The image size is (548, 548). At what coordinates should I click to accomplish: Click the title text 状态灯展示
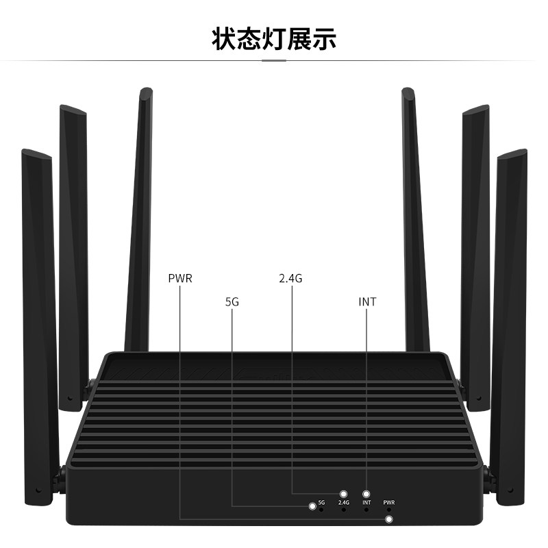coord(274,38)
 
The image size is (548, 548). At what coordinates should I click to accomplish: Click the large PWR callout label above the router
coord(180,279)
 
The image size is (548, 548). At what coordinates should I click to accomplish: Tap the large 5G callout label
coord(232,301)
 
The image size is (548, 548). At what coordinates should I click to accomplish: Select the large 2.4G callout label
coord(290,279)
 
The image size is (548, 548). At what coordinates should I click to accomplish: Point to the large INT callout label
coord(367,301)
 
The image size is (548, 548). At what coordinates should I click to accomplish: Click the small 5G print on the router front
coord(321,503)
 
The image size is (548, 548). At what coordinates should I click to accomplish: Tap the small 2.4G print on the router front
coord(344,503)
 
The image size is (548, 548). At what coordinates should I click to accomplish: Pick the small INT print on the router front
coord(366,503)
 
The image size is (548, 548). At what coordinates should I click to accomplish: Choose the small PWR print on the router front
coord(389,503)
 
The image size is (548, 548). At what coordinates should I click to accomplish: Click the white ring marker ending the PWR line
coord(390,519)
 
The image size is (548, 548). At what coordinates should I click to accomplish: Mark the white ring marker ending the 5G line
coord(312,506)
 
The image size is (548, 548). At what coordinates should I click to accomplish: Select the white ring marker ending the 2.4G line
coord(344,494)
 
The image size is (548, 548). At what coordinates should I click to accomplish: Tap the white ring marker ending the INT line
coord(366,494)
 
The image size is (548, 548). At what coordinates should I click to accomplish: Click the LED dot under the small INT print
coord(366,510)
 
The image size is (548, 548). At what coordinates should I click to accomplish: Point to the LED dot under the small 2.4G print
coord(344,510)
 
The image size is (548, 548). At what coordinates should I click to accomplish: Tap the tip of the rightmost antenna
coord(512,153)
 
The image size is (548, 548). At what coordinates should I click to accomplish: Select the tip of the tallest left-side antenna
coord(145,91)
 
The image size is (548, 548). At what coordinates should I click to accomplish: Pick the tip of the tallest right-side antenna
coord(407,91)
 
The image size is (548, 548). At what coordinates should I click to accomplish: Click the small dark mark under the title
coord(274,60)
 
